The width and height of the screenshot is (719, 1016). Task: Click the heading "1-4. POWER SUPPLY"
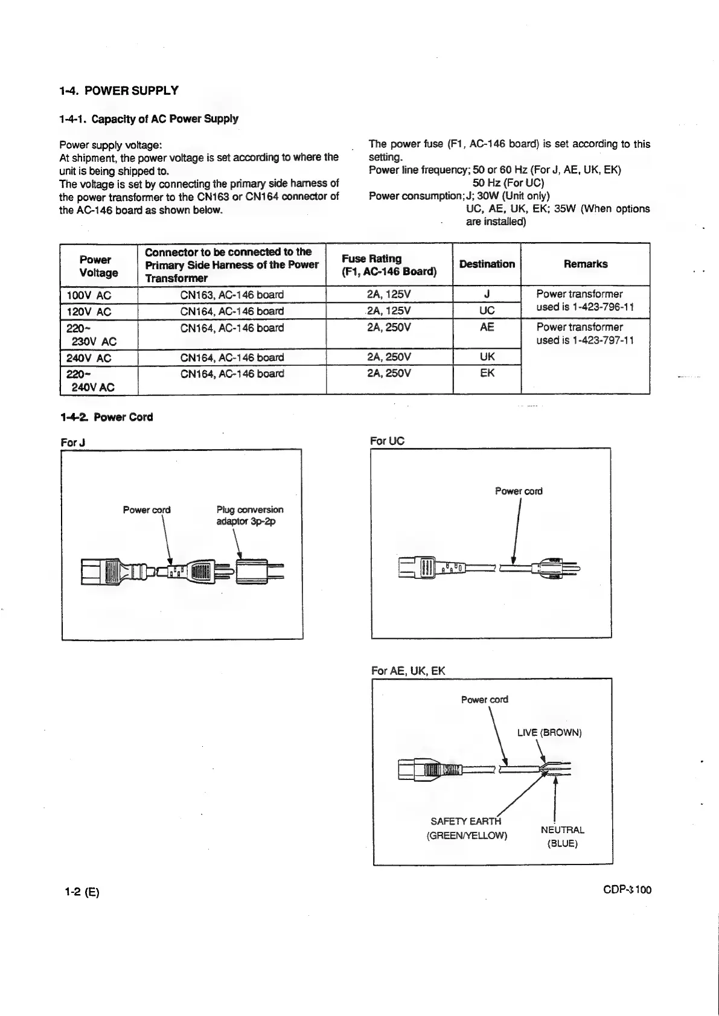tap(119, 91)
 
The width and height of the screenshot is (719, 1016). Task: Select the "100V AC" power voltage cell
tap(89, 295)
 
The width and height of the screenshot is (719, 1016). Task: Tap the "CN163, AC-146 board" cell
tap(232, 295)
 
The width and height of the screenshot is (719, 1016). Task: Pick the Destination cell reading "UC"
tap(487, 310)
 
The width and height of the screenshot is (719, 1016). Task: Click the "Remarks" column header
tap(585, 264)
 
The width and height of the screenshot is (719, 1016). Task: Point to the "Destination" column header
tap(487, 264)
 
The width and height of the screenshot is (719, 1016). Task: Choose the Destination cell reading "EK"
tap(487, 373)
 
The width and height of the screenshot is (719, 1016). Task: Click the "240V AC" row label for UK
tap(89, 358)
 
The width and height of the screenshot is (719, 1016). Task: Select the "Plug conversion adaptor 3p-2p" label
tap(249, 515)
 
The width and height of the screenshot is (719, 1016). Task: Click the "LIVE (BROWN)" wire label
tap(549, 732)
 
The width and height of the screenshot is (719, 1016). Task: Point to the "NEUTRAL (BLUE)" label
tap(562, 837)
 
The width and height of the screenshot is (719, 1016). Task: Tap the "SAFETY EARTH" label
tap(465, 821)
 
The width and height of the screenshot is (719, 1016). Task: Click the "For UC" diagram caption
tap(387, 441)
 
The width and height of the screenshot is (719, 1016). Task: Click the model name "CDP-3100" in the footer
tap(627, 890)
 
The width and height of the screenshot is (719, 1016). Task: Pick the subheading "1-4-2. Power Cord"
tap(106, 417)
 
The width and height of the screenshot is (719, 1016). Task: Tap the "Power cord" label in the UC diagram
tap(518, 491)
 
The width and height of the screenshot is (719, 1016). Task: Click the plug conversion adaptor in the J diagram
tap(252, 570)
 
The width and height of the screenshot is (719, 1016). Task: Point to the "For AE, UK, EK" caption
tap(408, 671)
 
